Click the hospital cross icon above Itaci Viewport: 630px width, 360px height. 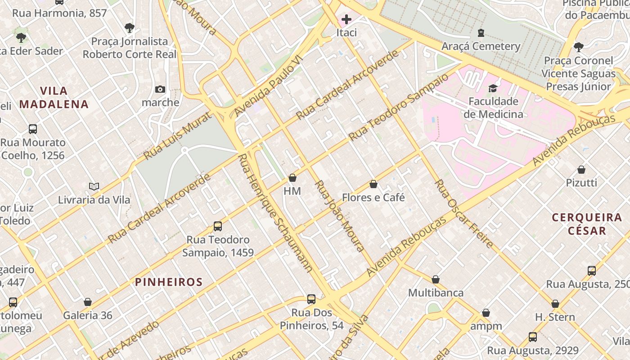click(346, 19)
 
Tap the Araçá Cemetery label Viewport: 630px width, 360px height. click(481, 46)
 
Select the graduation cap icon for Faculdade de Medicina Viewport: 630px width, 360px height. click(493, 88)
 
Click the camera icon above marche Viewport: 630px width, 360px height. click(160, 90)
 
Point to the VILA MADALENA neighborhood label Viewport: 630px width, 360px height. click(54, 98)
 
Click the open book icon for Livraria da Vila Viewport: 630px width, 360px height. click(94, 186)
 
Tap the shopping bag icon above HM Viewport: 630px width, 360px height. click(292, 178)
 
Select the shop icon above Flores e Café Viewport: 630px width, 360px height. click(373, 184)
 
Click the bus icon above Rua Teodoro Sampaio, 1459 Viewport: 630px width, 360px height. click(218, 226)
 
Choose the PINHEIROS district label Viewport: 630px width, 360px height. click(169, 282)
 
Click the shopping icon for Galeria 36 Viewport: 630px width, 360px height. click(88, 302)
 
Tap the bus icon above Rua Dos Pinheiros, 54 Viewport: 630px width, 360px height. click(311, 299)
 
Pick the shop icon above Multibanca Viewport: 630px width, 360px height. click(436, 279)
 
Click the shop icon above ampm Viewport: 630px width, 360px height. click(486, 313)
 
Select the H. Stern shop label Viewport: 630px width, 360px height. click(555, 317)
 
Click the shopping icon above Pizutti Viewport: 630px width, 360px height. click(581, 170)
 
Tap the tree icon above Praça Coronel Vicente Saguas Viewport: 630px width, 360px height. click(579, 47)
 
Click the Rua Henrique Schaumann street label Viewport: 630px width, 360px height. click(275, 214)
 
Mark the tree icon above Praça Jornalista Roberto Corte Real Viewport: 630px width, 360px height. click(130, 28)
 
